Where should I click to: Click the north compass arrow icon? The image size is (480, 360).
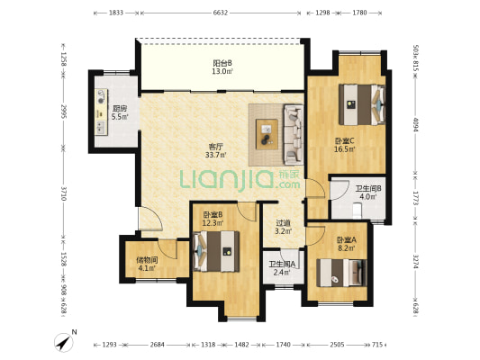pyautogui.click(x=64, y=342)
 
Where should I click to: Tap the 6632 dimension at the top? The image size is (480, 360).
pyautogui.click(x=221, y=13)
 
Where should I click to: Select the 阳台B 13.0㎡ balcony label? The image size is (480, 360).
pyautogui.click(x=222, y=67)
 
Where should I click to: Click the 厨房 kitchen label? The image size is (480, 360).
pyautogui.click(x=120, y=108)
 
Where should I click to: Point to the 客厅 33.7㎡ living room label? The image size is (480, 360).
pyautogui.click(x=216, y=151)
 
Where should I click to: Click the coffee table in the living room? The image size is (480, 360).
pyautogui.click(x=267, y=134)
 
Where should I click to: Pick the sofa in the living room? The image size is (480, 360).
pyautogui.click(x=294, y=135)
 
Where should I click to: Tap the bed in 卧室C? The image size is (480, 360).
pyautogui.click(x=362, y=104)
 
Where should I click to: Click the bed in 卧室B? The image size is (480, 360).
pyautogui.click(x=217, y=251)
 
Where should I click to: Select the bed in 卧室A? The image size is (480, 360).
pyautogui.click(x=341, y=273)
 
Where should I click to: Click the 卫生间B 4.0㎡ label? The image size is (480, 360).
pyautogui.click(x=368, y=193)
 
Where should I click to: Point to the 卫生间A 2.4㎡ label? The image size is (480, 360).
pyautogui.click(x=282, y=268)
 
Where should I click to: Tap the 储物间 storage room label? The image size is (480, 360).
pyautogui.click(x=147, y=260)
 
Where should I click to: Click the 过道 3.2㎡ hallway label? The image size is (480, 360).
pyautogui.click(x=283, y=227)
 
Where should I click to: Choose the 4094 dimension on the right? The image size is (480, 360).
pyautogui.click(x=415, y=124)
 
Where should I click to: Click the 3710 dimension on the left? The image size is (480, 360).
pyautogui.click(x=64, y=193)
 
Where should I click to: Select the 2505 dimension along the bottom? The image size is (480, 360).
pyautogui.click(x=337, y=345)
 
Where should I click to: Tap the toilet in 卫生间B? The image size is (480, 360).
pyautogui.click(x=357, y=211)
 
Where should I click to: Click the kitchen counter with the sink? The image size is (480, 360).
pyautogui.click(x=101, y=112)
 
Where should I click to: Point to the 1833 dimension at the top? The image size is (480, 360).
pyautogui.click(x=116, y=13)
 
